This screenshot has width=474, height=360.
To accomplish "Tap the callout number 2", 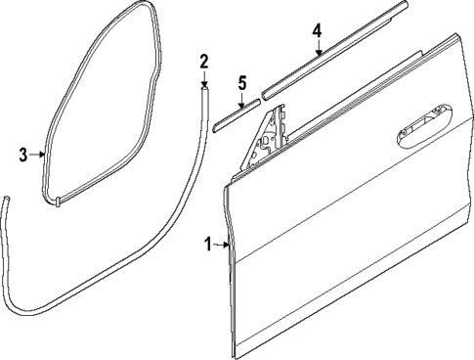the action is [203, 64].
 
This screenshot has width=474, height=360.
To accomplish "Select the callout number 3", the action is [23, 153].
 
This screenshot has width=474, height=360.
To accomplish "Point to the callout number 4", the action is [317, 32].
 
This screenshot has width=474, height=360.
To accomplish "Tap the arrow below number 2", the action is [204, 80].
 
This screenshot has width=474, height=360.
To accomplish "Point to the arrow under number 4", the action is [317, 51].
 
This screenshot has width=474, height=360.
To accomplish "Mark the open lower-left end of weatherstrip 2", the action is [5, 201].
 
